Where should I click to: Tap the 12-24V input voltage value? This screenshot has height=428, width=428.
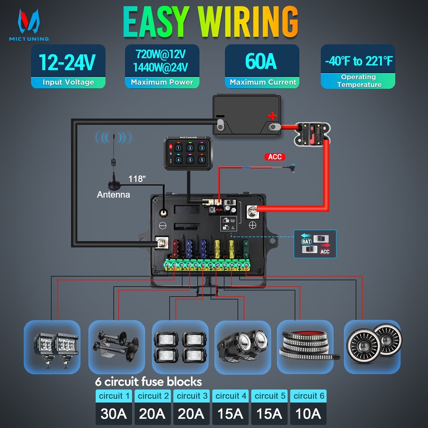click(x=68, y=62)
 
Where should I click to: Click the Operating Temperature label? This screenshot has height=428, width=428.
click(x=358, y=81)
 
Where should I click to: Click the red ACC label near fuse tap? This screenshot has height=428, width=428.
click(x=275, y=157)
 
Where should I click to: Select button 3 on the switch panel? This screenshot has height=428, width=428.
click(x=201, y=148)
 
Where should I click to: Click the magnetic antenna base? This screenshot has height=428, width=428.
click(x=114, y=184)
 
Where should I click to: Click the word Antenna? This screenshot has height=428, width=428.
click(x=113, y=195)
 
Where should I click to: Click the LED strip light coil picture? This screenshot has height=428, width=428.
click(x=305, y=347)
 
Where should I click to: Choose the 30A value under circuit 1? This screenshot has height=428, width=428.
click(x=114, y=414)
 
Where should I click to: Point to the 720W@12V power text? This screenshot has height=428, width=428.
click(x=161, y=54)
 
